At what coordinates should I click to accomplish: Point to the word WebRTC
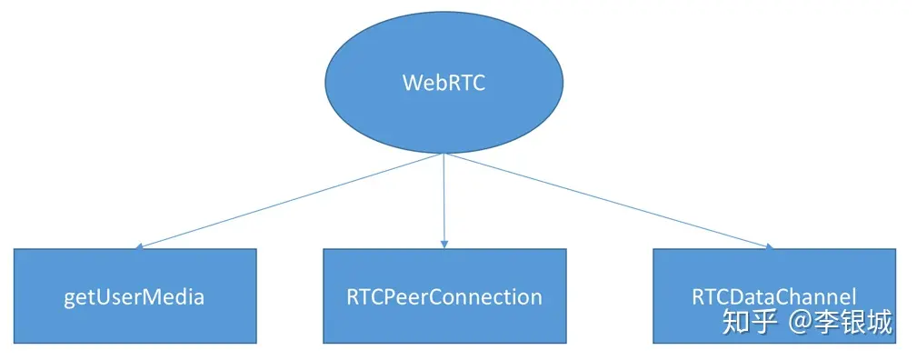[444, 83]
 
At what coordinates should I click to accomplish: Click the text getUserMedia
[135, 297]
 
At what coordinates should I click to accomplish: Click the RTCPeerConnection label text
[444, 297]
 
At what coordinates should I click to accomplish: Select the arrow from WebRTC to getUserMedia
[291, 200]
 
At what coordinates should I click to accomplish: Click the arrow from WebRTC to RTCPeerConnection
[444, 200]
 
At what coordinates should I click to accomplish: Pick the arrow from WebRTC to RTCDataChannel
[609, 200]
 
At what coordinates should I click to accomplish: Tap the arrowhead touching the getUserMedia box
[138, 246]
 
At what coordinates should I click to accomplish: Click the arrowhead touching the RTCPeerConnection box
[444, 245]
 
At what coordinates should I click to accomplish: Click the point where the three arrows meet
[444, 154]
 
